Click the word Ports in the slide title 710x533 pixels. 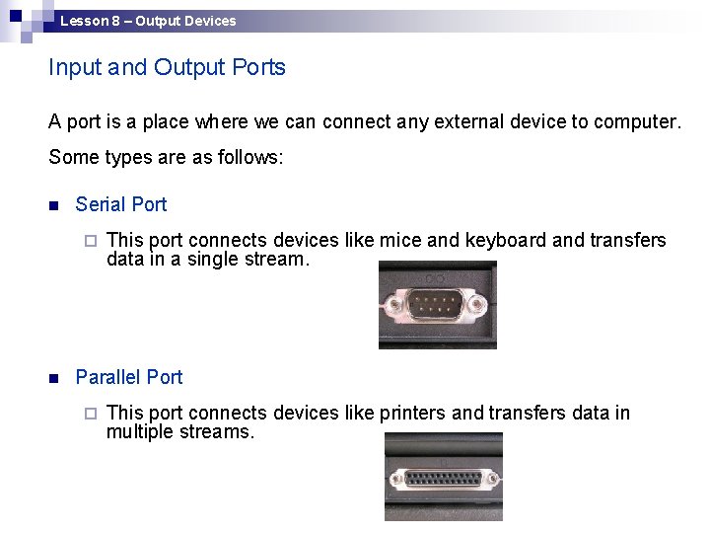tap(259, 67)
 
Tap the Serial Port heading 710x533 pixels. tap(121, 204)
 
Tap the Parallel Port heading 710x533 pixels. tap(129, 377)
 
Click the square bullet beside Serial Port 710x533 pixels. tap(54, 205)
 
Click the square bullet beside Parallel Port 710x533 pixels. tap(54, 378)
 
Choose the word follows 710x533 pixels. tap(250, 157)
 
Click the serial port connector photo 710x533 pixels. tap(437, 304)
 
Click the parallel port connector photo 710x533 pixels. tap(443, 477)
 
